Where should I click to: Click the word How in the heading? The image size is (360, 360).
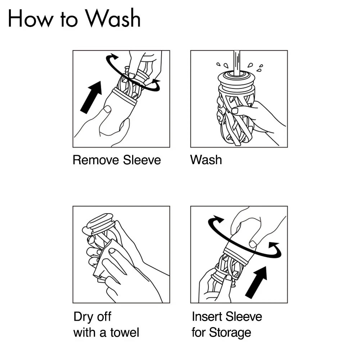coord(30,19)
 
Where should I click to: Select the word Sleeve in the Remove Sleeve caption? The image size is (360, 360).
coord(142,160)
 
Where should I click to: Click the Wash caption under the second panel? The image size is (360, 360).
coord(206,160)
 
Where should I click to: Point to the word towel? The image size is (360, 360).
coord(125,332)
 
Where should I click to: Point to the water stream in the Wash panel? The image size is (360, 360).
coord(237,63)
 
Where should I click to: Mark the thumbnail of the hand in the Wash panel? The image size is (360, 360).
coord(235,111)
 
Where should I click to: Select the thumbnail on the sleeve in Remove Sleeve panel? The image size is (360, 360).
coord(107,109)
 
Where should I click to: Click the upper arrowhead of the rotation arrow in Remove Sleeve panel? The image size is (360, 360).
coord(113,57)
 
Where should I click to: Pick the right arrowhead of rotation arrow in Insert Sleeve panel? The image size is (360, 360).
coord(274,247)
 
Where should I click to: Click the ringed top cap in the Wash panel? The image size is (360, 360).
coord(237,80)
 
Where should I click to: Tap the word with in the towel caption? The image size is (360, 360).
coord(84,332)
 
